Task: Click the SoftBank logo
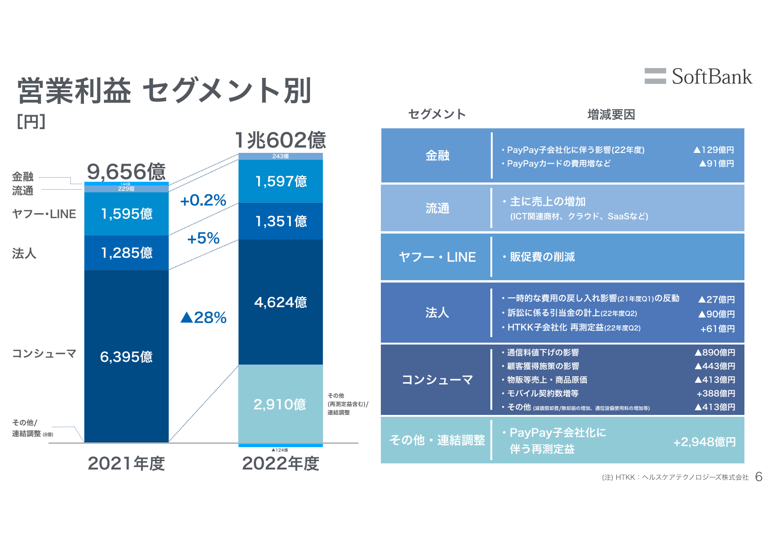(698, 76)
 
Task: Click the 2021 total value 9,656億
(126, 172)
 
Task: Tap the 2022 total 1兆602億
(280, 140)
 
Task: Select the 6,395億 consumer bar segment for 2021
(126, 357)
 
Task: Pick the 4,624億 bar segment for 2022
(281, 302)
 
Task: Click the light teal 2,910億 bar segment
(280, 404)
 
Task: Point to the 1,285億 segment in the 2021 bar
(127, 253)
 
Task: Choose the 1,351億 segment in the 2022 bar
(281, 221)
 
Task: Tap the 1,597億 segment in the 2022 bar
(281, 181)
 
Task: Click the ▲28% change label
(203, 317)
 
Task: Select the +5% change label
(203, 238)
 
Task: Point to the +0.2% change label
(203, 200)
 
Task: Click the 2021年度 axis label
(126, 463)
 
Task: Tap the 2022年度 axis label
(281, 463)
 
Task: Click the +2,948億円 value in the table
(704, 442)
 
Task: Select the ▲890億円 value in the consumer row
(715, 352)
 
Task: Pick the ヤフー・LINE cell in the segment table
(437, 257)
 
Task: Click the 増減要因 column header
(611, 114)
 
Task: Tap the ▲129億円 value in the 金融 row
(714, 150)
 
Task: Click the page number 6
(759, 476)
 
